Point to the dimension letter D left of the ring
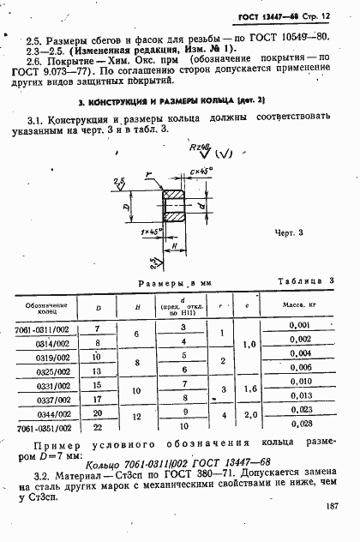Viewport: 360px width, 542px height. pos(127,208)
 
